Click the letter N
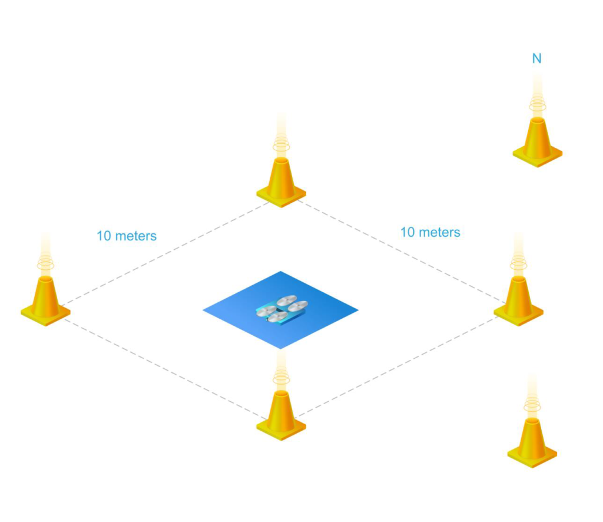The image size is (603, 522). [536, 59]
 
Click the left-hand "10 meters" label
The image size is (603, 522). [127, 236]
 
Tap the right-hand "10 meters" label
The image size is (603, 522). [430, 233]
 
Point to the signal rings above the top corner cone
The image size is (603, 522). [281, 145]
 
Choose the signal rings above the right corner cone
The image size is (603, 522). [518, 264]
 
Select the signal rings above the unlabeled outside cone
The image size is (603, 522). [532, 406]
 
